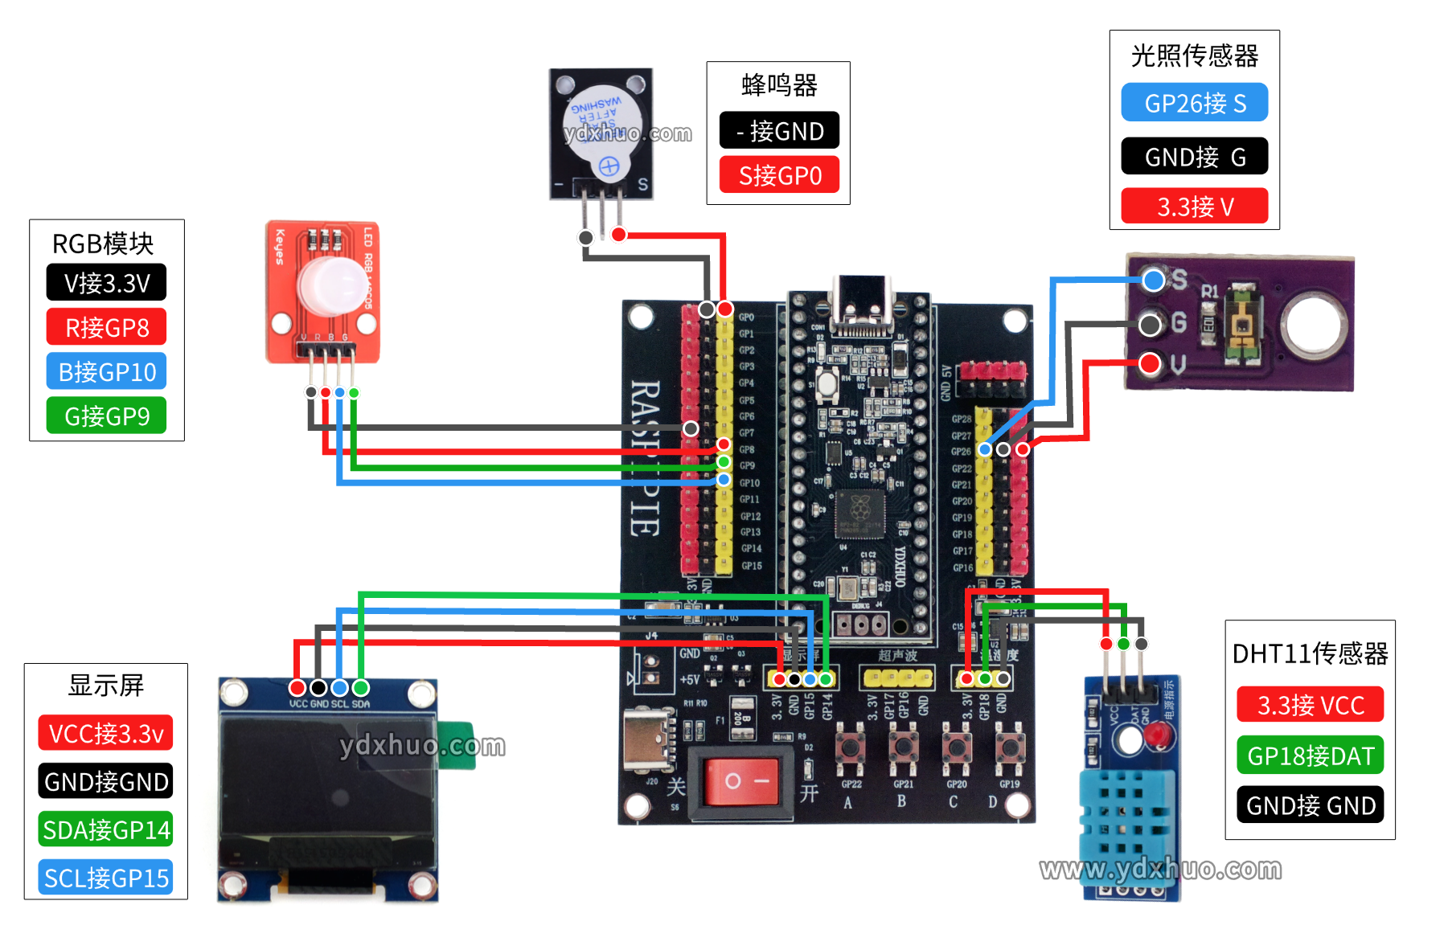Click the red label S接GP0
point(779,175)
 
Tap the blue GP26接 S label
point(1195,103)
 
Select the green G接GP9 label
point(106,416)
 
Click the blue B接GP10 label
point(106,371)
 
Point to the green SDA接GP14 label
point(106,829)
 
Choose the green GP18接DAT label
point(1311,755)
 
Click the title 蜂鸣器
point(779,84)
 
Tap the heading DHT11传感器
point(1310,653)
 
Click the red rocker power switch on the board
point(741,780)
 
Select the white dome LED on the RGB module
point(331,284)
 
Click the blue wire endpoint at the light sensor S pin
point(1153,280)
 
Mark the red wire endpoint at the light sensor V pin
point(1150,363)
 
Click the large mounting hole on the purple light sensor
point(1313,325)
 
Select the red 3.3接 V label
point(1195,206)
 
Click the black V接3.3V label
point(106,283)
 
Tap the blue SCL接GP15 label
point(106,878)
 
